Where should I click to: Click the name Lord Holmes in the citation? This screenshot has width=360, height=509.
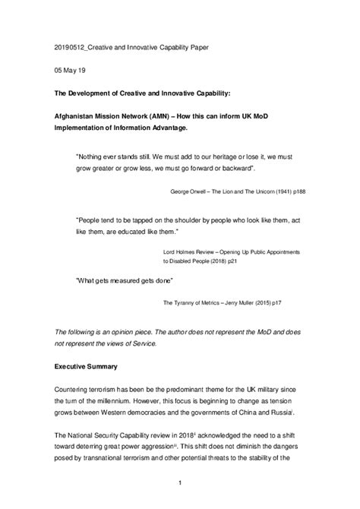pyautogui.click(x=180, y=249)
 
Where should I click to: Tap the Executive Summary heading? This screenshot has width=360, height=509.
pyautogui.click(x=85, y=367)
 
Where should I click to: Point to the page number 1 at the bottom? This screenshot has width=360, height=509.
pyautogui.click(x=180, y=482)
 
